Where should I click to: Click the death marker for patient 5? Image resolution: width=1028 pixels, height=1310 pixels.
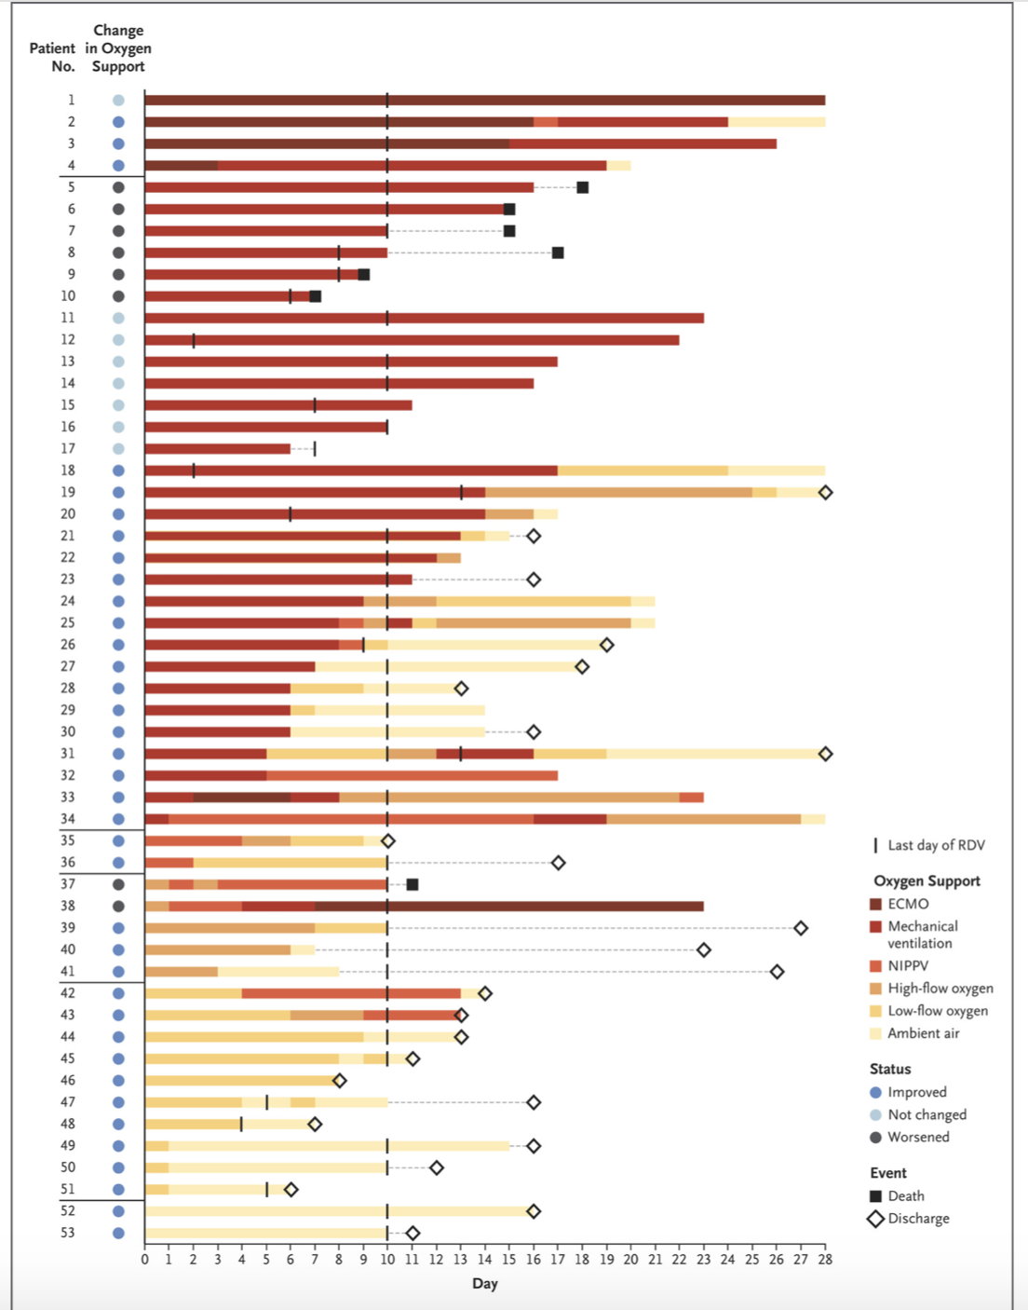pos(582,187)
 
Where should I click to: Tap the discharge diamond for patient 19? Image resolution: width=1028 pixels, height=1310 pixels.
pos(825,492)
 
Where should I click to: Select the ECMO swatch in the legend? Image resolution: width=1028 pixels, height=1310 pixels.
pos(875,904)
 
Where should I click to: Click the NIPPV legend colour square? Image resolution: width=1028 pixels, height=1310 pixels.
pos(875,966)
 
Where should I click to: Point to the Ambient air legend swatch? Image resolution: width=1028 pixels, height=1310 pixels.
pos(875,1033)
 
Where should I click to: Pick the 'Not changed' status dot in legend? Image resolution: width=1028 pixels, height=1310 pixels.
pos(875,1114)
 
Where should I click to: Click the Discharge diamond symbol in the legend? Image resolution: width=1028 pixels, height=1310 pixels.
pos(875,1219)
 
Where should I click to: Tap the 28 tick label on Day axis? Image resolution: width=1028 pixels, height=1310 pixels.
pos(825,1260)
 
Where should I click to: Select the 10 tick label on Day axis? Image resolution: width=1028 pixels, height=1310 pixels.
pos(387,1260)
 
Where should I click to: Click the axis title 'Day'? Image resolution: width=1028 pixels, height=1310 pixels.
pos(484,1284)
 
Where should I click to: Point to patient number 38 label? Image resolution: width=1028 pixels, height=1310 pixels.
pos(68,906)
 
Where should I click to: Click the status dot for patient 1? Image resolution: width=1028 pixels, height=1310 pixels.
pos(118,100)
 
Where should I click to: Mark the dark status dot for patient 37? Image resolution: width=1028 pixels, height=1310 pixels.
pos(118,884)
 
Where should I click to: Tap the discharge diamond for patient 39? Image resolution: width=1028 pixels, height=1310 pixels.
pos(801,928)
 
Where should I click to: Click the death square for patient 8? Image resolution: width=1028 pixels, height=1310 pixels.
pos(558,252)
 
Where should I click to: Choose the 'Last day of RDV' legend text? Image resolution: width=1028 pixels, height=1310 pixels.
pos(936,845)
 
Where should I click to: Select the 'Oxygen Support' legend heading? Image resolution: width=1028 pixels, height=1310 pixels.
pos(927,880)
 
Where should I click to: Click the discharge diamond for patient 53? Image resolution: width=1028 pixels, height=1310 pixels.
pos(413,1233)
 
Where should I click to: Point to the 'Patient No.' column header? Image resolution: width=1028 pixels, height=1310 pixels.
pos(52,57)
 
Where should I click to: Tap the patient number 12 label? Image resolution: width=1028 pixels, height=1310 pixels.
pos(68,340)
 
